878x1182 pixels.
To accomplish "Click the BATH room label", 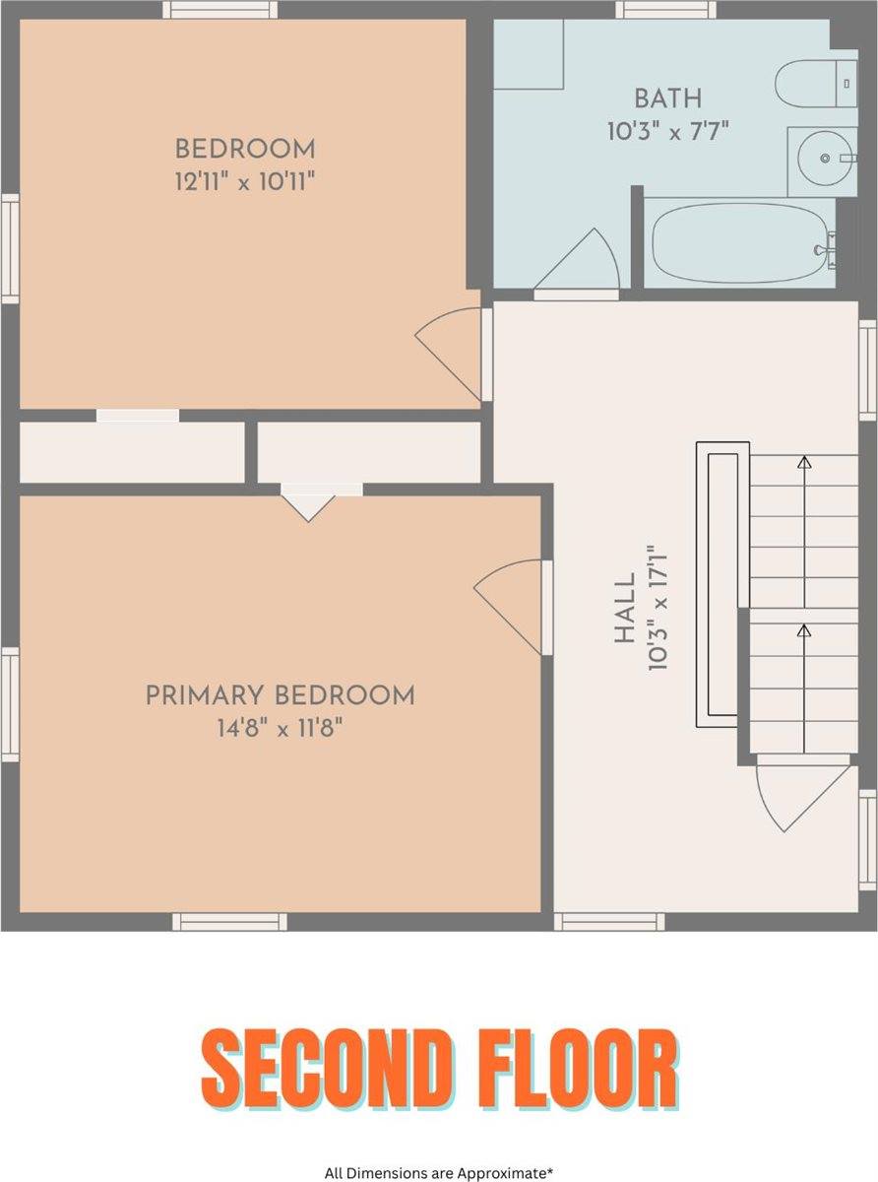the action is (x=667, y=98).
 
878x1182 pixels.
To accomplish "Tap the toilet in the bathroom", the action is (x=816, y=83).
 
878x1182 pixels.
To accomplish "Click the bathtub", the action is (x=740, y=243).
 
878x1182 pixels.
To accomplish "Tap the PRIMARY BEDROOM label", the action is (x=281, y=696).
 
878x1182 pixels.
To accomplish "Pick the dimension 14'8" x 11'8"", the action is (x=281, y=728).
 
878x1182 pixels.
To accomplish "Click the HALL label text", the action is (x=625, y=608).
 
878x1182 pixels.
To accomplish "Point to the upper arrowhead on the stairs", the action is (x=804, y=462).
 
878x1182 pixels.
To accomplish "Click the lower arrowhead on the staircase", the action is (x=804, y=630).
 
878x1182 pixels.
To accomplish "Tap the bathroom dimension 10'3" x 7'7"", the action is (x=668, y=131).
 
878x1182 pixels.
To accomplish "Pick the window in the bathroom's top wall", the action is (x=666, y=10).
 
